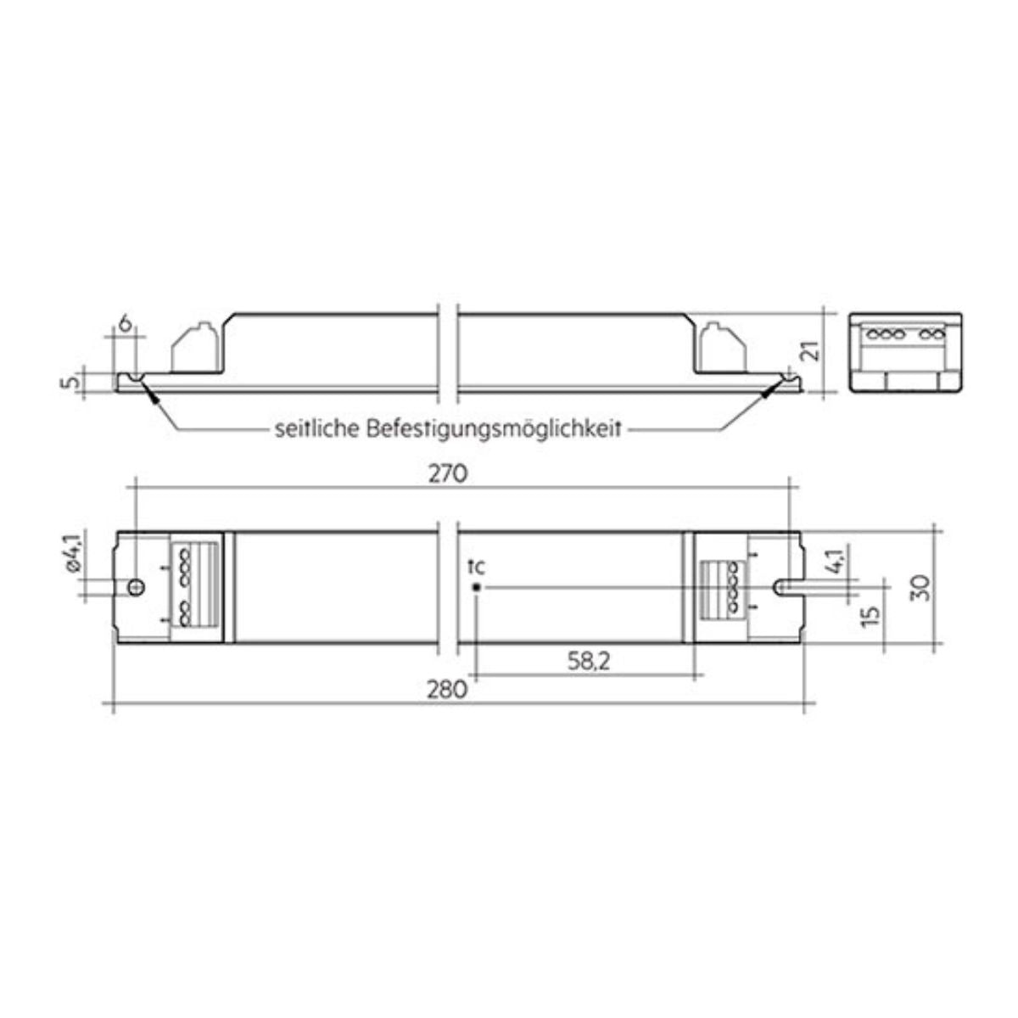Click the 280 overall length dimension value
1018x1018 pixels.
pyautogui.click(x=449, y=689)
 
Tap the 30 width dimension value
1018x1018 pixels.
pyautogui.click(x=925, y=587)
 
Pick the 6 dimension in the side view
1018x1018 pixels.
pyautogui.click(x=124, y=322)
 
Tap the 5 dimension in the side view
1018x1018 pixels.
pyautogui.click(x=75, y=383)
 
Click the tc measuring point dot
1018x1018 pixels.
pyautogui.click(x=478, y=587)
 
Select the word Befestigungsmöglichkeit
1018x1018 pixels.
pyautogui.click(x=495, y=429)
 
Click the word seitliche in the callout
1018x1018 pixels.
pyautogui.click(x=317, y=429)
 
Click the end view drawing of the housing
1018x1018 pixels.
pyautogui.click(x=907, y=350)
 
